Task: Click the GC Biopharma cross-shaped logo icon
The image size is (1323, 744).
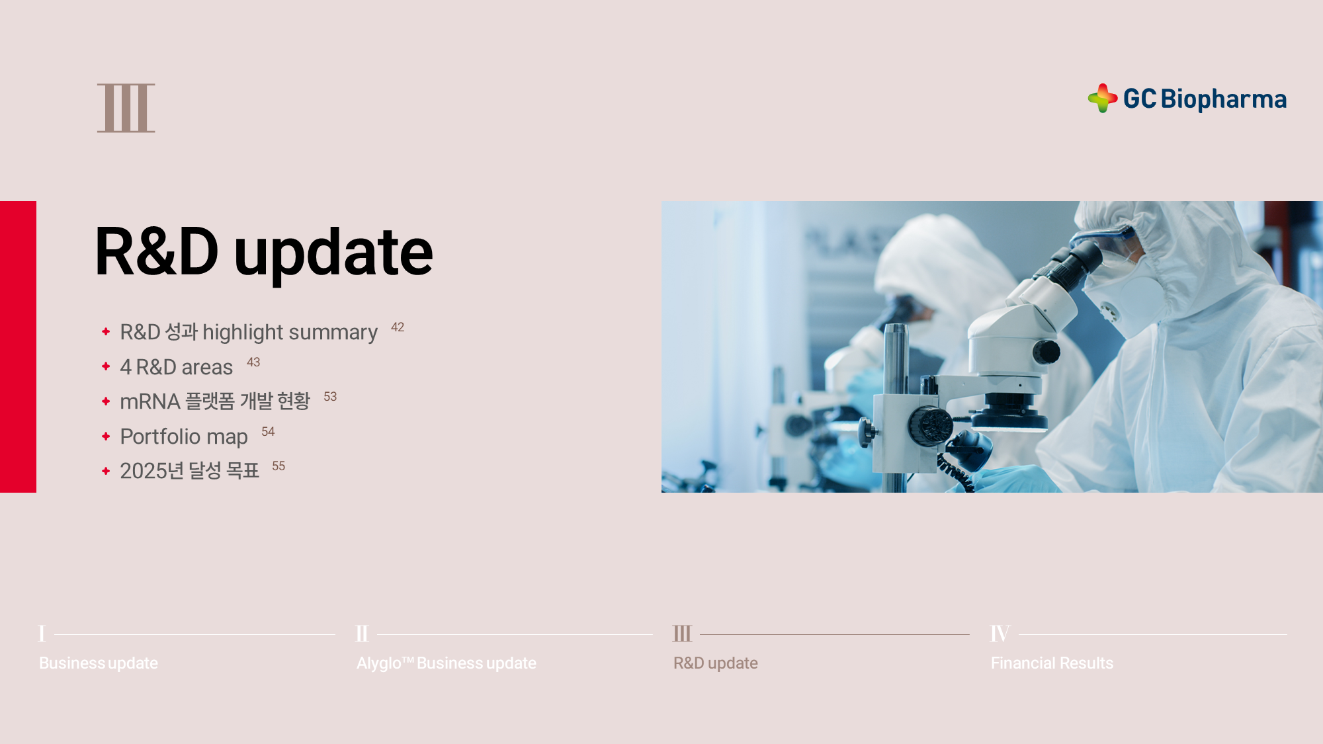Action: (1103, 98)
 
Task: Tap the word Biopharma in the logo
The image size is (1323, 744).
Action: (1224, 99)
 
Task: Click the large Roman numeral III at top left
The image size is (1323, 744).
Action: (126, 108)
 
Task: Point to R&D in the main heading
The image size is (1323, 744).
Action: (157, 251)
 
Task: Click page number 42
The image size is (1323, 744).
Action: (398, 327)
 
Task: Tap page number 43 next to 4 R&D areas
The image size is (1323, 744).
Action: (253, 362)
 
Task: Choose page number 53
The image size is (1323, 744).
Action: (330, 397)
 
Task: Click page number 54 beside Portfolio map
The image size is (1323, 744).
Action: (268, 432)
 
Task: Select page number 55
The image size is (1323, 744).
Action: (278, 466)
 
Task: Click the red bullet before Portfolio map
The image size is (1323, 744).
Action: (106, 436)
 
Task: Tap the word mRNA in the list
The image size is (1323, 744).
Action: (150, 401)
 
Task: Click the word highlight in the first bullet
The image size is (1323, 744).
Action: (243, 332)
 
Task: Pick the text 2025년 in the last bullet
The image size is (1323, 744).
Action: (151, 471)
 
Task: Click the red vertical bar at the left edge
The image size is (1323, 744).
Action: (18, 347)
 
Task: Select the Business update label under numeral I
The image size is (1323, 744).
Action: (99, 663)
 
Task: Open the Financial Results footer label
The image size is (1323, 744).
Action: (1052, 663)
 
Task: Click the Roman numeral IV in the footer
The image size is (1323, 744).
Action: (1000, 634)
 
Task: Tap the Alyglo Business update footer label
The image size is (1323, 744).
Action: (447, 663)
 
